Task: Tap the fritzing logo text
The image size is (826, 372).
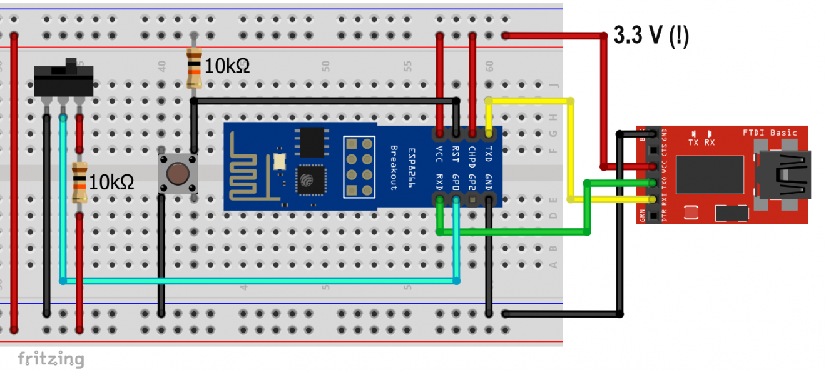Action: click(50, 359)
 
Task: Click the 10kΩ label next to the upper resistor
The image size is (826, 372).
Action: click(227, 66)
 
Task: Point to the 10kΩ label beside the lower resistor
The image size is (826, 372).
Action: click(111, 183)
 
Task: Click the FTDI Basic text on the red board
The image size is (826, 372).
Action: click(770, 133)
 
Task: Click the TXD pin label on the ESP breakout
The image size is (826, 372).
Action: click(489, 153)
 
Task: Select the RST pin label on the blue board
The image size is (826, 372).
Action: click(456, 153)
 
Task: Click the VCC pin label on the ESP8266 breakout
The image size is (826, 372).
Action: click(440, 153)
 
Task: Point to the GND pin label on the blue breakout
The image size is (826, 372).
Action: click(489, 182)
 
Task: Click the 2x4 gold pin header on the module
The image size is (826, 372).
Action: click(359, 167)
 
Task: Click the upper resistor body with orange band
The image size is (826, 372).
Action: click(194, 69)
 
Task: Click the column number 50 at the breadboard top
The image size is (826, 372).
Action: click(325, 65)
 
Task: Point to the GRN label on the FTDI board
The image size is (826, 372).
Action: click(642, 216)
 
